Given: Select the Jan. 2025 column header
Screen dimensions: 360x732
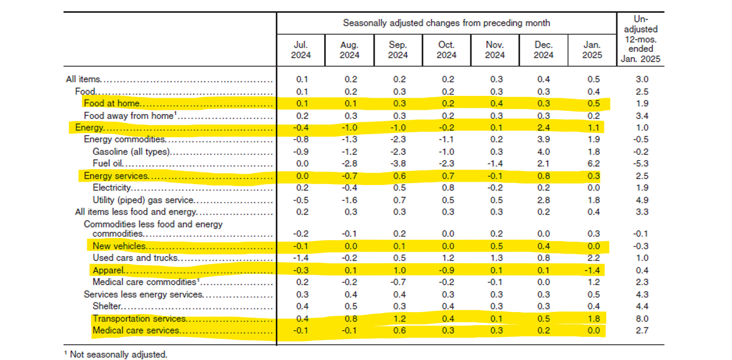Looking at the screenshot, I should pyautogui.click(x=593, y=50).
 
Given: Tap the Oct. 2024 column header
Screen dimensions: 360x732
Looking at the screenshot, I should pyautogui.click(x=447, y=50).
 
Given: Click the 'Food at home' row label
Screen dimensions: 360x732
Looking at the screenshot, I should pyautogui.click(x=112, y=104).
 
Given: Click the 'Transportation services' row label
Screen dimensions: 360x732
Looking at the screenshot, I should pyautogui.click(x=139, y=319).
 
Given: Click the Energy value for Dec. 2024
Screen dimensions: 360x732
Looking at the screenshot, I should pyautogui.click(x=543, y=128).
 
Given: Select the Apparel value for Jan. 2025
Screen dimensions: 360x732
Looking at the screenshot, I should pyautogui.click(x=593, y=270).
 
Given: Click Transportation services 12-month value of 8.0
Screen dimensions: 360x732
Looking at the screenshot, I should pyautogui.click(x=642, y=319).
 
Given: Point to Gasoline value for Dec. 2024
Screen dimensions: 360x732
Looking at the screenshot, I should pyautogui.click(x=543, y=151).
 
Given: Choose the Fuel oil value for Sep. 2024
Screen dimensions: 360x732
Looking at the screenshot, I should pyautogui.click(x=398, y=163).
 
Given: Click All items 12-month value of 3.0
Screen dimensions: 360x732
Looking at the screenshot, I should pyautogui.click(x=642, y=80).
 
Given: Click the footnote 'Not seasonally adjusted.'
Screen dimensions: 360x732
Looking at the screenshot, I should pyautogui.click(x=118, y=355).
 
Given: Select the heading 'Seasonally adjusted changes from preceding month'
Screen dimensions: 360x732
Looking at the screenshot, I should pyautogui.click(x=446, y=23).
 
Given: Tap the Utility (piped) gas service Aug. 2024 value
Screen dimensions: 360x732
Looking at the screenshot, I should pyautogui.click(x=349, y=200).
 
